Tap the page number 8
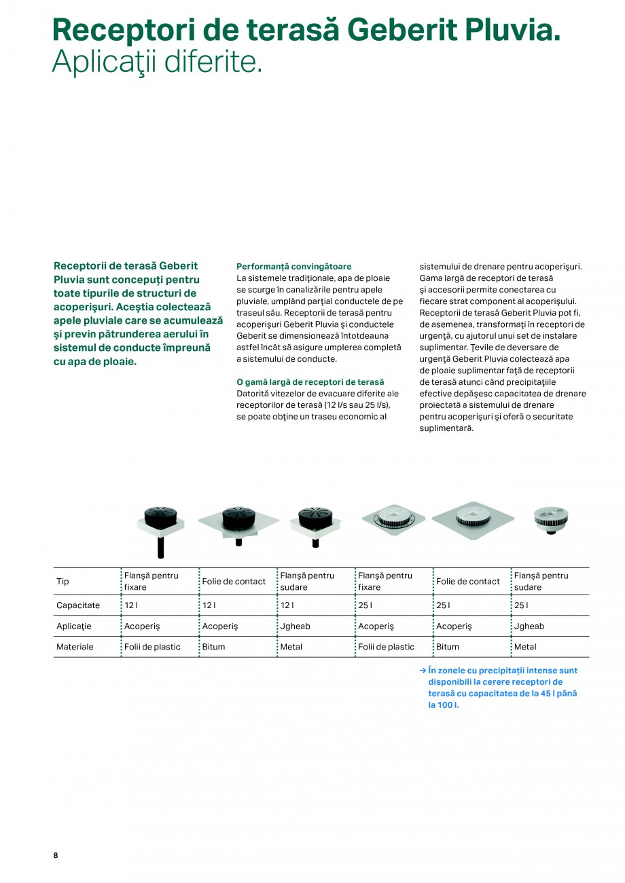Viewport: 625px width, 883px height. point(56,855)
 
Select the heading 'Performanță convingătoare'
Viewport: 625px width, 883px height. point(294,267)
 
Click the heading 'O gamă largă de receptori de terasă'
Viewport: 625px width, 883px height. point(310,382)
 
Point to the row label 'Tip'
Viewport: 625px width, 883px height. point(62,582)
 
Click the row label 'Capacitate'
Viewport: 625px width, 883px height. point(78,605)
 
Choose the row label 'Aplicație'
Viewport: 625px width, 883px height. point(74,626)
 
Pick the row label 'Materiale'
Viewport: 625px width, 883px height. point(75,647)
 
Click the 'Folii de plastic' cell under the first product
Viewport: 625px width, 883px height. point(152,647)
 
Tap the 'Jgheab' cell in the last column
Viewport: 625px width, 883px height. point(529,626)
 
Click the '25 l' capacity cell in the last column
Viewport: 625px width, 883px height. point(521,605)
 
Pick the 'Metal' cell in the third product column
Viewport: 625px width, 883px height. point(291,647)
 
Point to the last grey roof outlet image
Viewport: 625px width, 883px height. point(551,520)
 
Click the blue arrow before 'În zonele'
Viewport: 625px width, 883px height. point(423,671)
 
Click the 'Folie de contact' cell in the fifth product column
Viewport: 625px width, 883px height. point(468,582)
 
